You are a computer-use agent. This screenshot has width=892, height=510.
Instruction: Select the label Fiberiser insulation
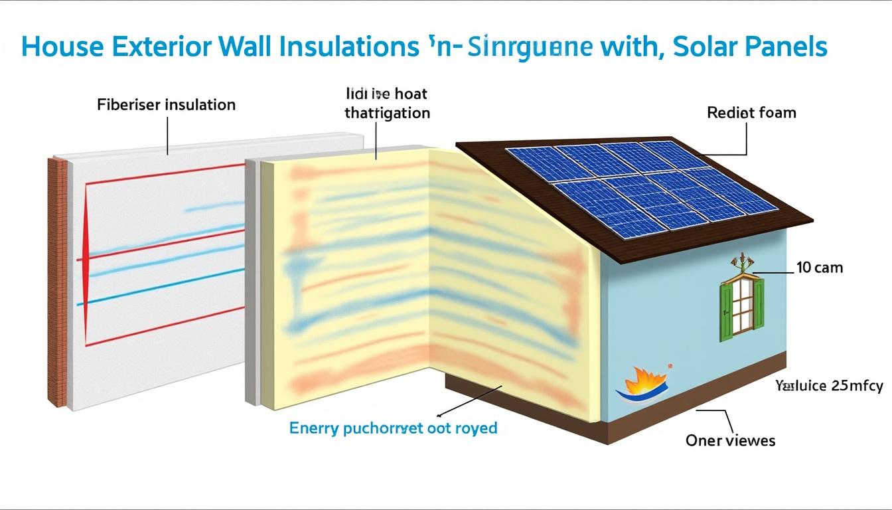click(166, 105)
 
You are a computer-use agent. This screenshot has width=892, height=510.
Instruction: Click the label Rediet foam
click(751, 113)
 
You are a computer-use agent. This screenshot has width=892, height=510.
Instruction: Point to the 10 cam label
click(819, 268)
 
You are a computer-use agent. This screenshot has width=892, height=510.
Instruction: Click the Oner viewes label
click(730, 440)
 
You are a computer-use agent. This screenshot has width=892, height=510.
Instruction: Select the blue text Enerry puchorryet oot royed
click(393, 428)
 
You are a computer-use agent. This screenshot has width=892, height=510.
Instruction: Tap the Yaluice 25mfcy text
click(829, 386)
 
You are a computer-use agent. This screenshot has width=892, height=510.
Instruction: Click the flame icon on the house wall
click(639, 384)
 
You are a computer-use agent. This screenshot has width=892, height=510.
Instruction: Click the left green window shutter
click(726, 313)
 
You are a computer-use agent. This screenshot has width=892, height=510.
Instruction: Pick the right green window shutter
click(758, 303)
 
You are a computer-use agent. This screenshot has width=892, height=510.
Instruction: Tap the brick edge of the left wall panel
click(57, 279)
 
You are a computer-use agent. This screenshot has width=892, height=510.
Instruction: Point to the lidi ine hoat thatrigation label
click(387, 104)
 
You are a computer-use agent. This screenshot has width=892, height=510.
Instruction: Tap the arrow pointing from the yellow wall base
click(465, 402)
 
